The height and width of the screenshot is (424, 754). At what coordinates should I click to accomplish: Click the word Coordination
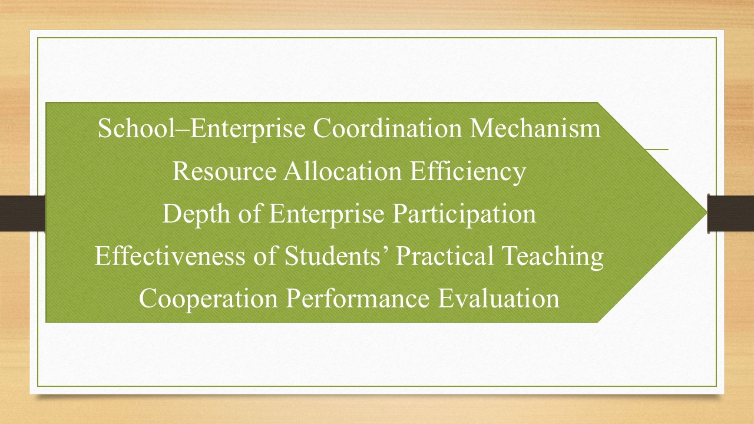pos(388,128)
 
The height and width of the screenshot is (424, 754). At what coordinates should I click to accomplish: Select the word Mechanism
pos(535,128)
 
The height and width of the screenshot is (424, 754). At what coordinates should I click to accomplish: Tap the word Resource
pos(224,171)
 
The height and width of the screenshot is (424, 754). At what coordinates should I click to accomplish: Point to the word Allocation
pos(343,171)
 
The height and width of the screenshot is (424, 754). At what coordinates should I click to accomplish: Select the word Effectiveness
pos(170,256)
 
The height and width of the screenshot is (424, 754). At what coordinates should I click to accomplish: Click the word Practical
pos(444,256)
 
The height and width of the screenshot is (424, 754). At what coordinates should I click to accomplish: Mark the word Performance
pos(358,298)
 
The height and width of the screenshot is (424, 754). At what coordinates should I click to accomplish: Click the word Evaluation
pos(498,298)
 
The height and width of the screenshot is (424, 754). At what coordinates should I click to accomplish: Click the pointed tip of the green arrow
pos(707,213)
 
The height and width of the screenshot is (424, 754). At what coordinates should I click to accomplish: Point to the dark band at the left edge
pos(22,213)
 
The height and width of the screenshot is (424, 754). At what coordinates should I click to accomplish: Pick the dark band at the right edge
pos(731,213)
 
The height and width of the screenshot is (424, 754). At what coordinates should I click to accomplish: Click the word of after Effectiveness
pos(265,256)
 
